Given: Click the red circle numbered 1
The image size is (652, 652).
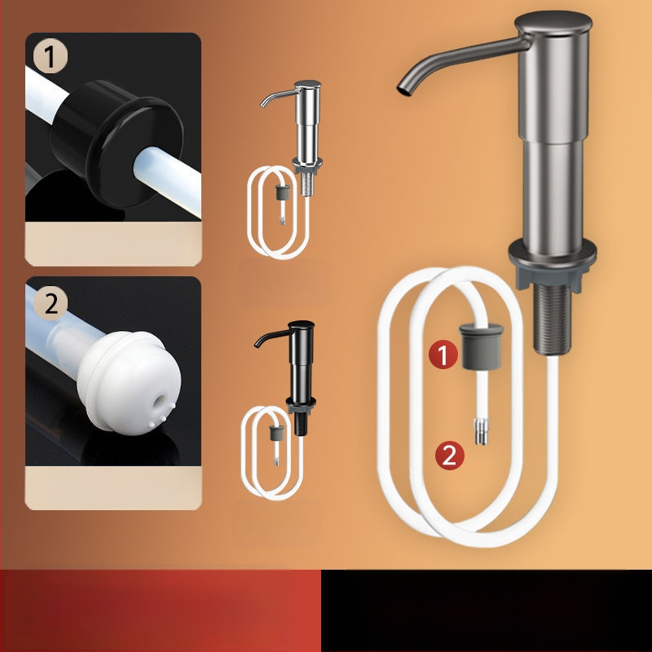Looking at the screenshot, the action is (443, 355).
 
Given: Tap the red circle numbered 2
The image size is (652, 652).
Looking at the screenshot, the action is (450, 456).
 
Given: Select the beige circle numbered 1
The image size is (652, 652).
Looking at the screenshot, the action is (51, 56).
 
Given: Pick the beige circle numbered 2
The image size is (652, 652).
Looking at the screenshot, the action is (51, 303).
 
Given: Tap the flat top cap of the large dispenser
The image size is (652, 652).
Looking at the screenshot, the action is (553, 22).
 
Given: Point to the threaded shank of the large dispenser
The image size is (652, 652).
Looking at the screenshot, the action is (553, 319).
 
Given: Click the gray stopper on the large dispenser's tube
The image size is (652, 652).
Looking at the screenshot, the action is (481, 346).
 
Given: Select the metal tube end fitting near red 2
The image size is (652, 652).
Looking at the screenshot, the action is (481, 432).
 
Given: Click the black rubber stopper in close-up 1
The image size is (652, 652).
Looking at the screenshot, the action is (117, 143).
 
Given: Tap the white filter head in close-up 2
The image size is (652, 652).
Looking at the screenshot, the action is (130, 382).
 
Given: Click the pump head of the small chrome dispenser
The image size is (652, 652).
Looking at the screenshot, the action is (307, 85).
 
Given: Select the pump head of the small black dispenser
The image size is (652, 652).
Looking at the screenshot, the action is (302, 324).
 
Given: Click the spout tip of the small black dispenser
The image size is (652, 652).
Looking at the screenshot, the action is (258, 345).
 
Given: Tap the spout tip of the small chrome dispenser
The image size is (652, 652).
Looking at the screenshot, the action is (263, 104).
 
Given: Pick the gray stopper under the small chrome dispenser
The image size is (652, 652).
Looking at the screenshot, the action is (282, 192).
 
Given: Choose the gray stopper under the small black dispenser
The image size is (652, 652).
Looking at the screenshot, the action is (276, 433).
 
